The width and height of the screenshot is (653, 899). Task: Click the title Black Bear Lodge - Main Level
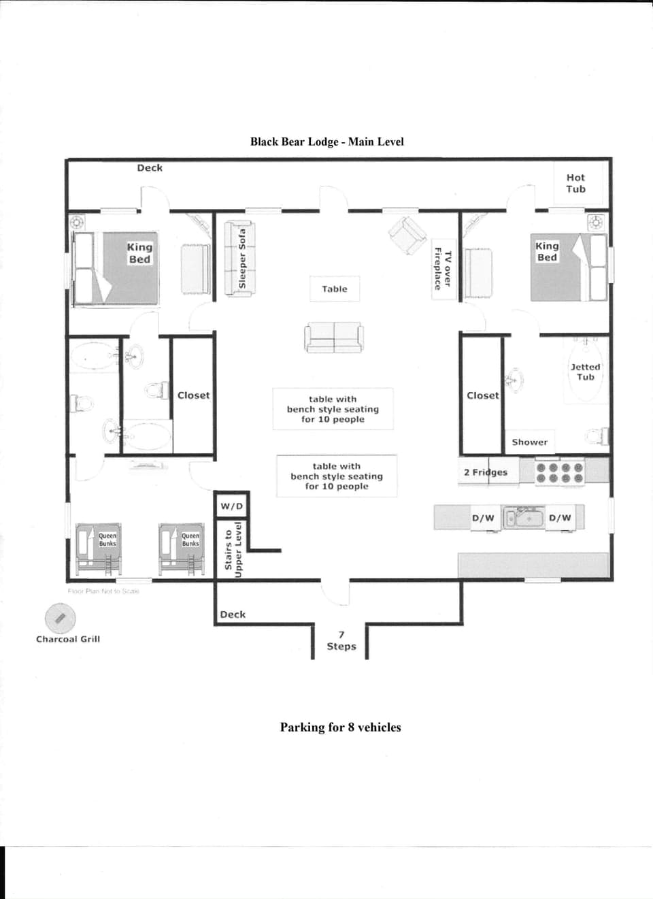[x=326, y=142]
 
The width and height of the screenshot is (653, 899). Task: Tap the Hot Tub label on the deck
[x=575, y=183]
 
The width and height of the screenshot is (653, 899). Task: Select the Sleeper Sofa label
[x=242, y=258]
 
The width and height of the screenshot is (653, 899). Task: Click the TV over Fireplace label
[x=442, y=269]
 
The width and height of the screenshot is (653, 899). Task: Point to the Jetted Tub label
[x=585, y=372]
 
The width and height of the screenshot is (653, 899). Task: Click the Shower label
[x=529, y=442]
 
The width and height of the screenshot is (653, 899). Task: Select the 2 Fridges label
[x=485, y=472]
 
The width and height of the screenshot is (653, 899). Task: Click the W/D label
[x=231, y=506]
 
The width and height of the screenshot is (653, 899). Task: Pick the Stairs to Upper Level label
[x=233, y=550]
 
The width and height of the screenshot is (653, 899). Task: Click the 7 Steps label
[x=341, y=640]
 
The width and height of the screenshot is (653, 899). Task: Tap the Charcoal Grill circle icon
[x=60, y=618]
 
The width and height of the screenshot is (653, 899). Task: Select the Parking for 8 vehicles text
[x=340, y=727]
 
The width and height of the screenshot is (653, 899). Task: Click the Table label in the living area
[x=334, y=289]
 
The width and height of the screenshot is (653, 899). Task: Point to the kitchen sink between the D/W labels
[x=522, y=518]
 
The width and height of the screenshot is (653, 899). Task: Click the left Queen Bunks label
[x=107, y=540]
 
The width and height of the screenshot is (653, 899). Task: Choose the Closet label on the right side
[x=482, y=395]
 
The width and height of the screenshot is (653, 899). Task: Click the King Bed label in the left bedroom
[x=139, y=252]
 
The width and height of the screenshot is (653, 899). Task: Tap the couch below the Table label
[x=333, y=337]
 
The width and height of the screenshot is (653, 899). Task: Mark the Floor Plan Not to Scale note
[x=103, y=591]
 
